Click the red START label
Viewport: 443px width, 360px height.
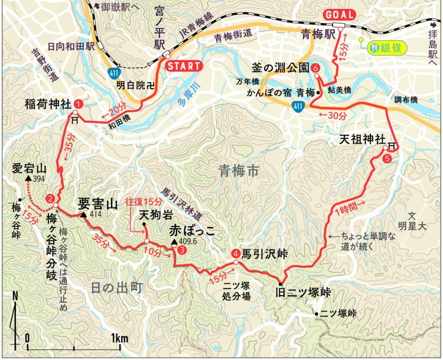coord(183,66)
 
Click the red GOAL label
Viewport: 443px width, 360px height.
coord(339,15)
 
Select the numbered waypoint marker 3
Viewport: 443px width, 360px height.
coord(182,250)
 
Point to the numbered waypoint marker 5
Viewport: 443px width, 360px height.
coord(387,158)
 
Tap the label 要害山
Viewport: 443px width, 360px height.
coord(97,204)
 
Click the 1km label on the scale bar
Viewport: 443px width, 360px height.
coord(119,339)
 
